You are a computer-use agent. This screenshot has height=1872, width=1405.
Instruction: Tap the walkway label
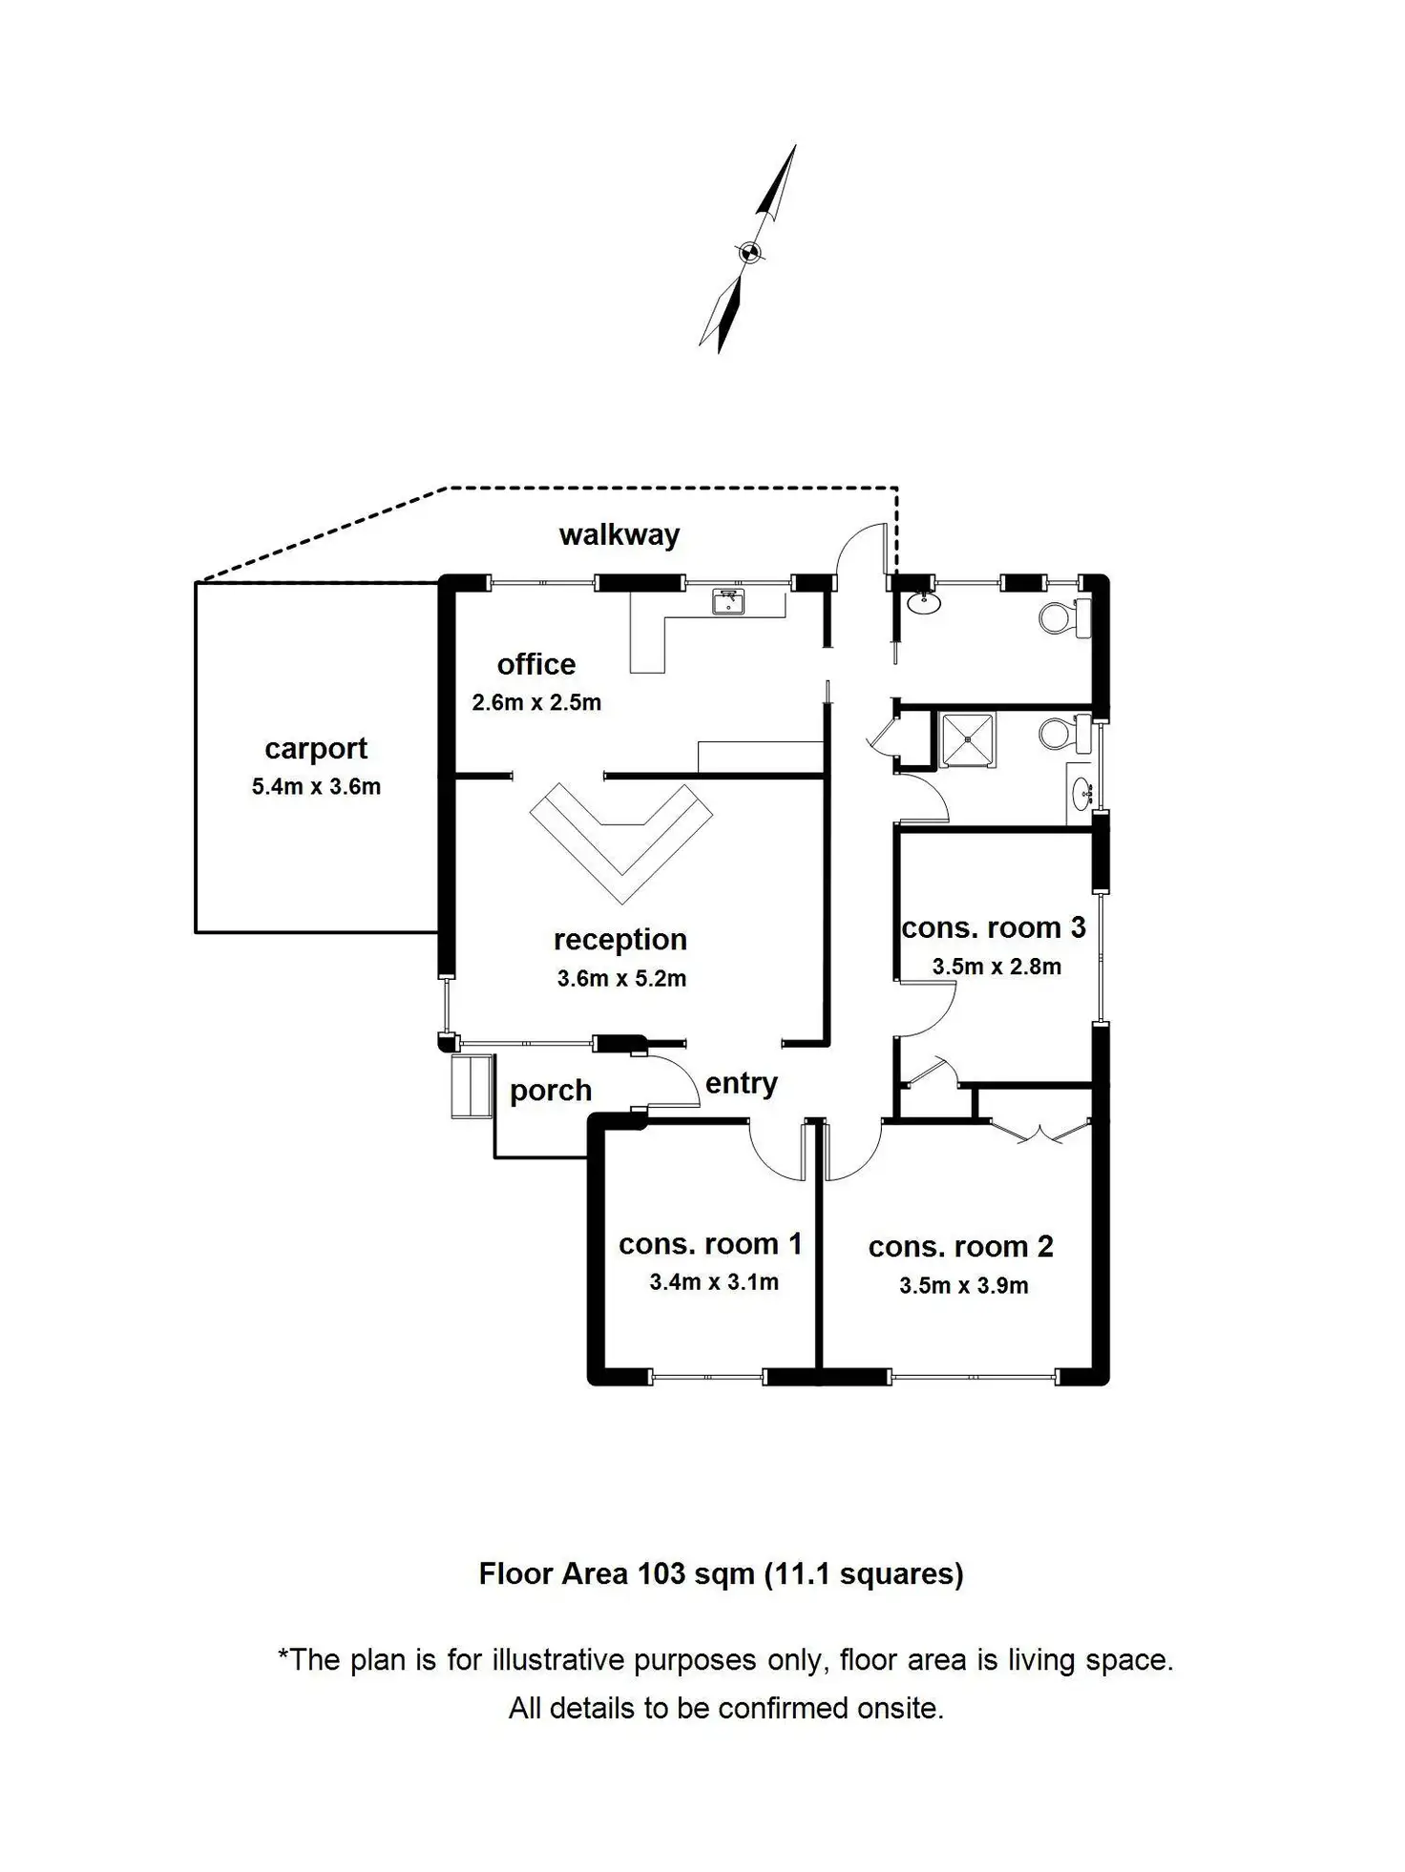tap(619, 534)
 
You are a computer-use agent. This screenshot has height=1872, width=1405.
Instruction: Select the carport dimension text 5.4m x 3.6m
tap(316, 787)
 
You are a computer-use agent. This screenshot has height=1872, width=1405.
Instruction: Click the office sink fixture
tap(728, 602)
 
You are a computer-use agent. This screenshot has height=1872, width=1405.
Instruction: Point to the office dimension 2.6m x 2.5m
tap(536, 703)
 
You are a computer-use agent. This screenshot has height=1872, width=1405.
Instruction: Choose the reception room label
tap(620, 940)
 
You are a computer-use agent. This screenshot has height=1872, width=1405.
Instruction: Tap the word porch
tap(551, 1091)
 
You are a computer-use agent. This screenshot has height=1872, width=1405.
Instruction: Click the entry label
tap(742, 1084)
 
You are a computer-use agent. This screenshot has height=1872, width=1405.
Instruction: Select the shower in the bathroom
tap(969, 739)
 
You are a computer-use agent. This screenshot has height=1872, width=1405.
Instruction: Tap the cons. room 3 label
tap(994, 928)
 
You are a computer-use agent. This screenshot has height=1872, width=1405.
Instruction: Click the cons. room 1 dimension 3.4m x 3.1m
tap(714, 1282)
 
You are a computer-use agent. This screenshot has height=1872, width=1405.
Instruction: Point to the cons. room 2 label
tap(961, 1247)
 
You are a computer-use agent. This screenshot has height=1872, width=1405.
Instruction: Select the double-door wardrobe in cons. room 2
tap(1038, 1131)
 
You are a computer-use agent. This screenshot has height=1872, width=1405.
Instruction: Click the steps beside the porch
tap(472, 1087)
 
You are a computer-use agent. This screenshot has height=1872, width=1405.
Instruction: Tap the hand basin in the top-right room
tap(923, 602)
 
